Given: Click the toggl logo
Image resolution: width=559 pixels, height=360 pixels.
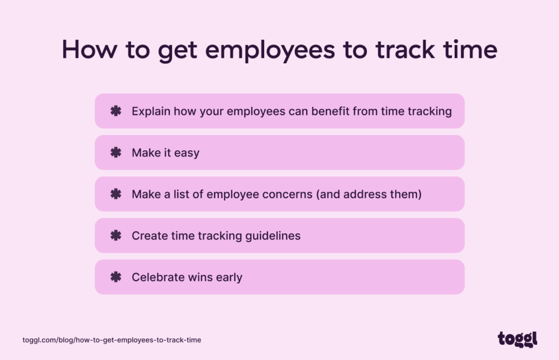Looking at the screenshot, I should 517,339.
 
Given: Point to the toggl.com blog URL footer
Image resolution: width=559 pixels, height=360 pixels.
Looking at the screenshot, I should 112,340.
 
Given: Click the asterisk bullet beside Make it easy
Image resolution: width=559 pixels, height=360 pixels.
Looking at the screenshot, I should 116,152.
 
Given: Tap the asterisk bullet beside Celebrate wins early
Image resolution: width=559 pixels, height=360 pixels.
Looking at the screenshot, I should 116,277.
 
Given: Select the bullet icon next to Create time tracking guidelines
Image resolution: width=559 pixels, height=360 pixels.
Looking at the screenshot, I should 116,235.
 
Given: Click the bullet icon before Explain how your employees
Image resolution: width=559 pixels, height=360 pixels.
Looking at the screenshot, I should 116,111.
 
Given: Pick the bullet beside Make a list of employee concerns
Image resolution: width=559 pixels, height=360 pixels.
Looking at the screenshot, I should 116,194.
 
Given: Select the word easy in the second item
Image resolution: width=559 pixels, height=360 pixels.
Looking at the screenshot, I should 187,153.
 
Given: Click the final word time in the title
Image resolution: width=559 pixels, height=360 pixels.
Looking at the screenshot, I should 471,49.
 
